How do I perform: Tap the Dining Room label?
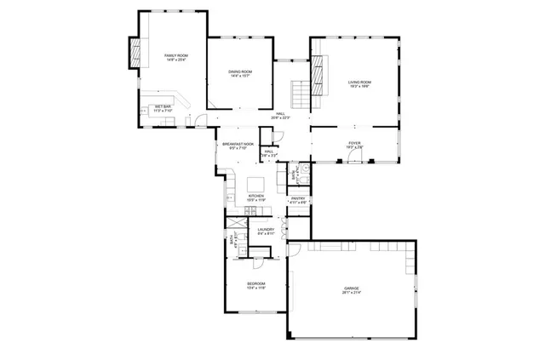pyautogui.click(x=241, y=71)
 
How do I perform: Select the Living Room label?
pyautogui.click(x=359, y=82)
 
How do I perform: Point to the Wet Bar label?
pyautogui.click(x=163, y=106)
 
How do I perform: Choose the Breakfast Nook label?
pyautogui.click(x=238, y=144)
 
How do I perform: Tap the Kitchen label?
pyautogui.click(x=255, y=196)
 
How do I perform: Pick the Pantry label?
pyautogui.click(x=297, y=198)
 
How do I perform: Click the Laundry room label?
pyautogui.click(x=266, y=229)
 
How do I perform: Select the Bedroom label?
pyautogui.click(x=256, y=283)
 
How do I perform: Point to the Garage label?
pyautogui.click(x=351, y=289)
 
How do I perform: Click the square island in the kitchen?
pyautogui.click(x=255, y=183)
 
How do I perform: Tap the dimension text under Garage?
pyautogui.click(x=351, y=294)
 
